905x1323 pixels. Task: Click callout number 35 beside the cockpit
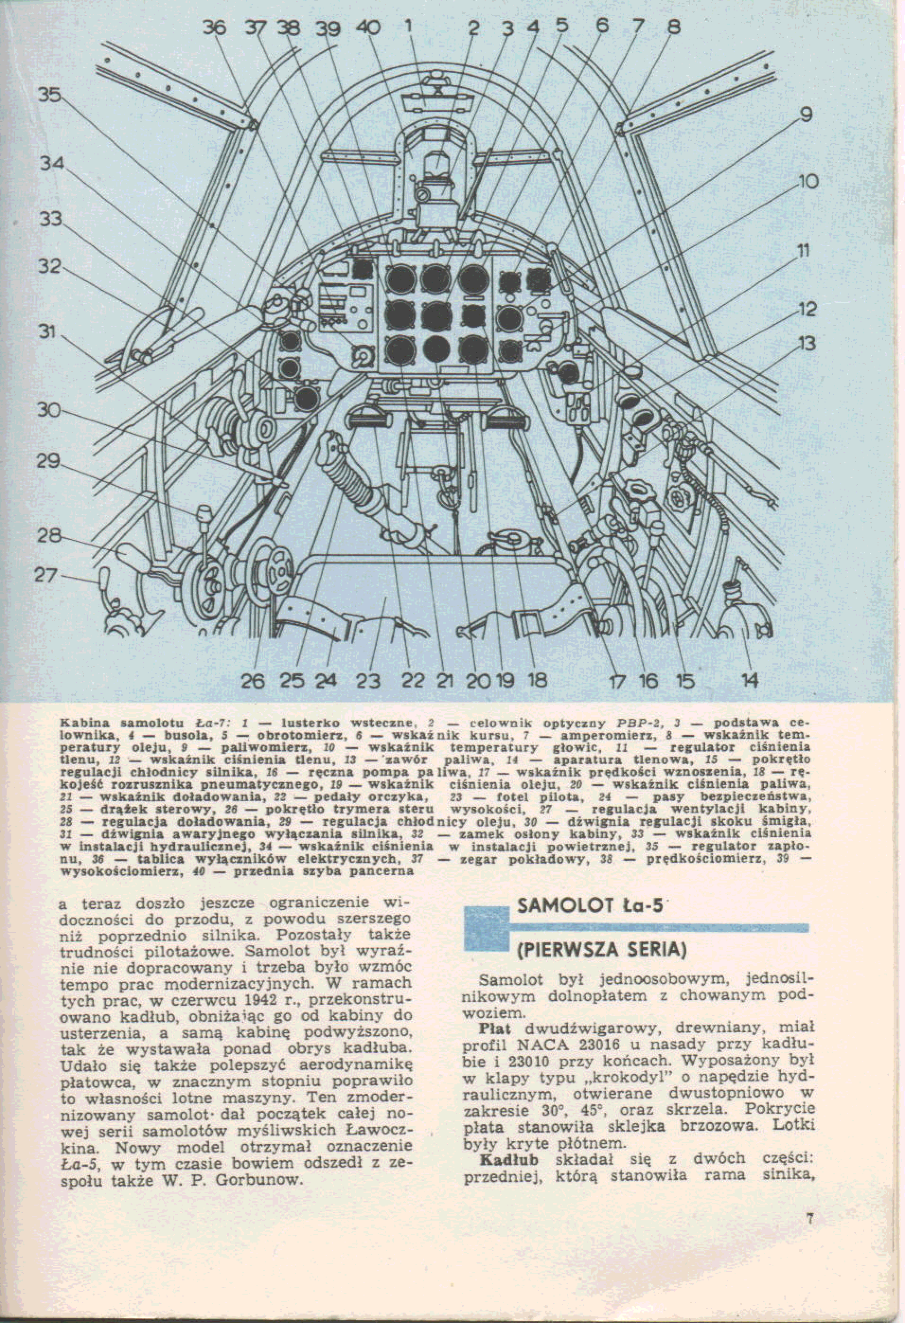pyautogui.click(x=50, y=95)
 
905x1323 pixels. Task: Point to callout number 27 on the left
pyautogui.click(x=46, y=575)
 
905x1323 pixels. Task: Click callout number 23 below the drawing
pyautogui.click(x=368, y=681)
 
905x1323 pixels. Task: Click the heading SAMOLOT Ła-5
pyautogui.click(x=590, y=906)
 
